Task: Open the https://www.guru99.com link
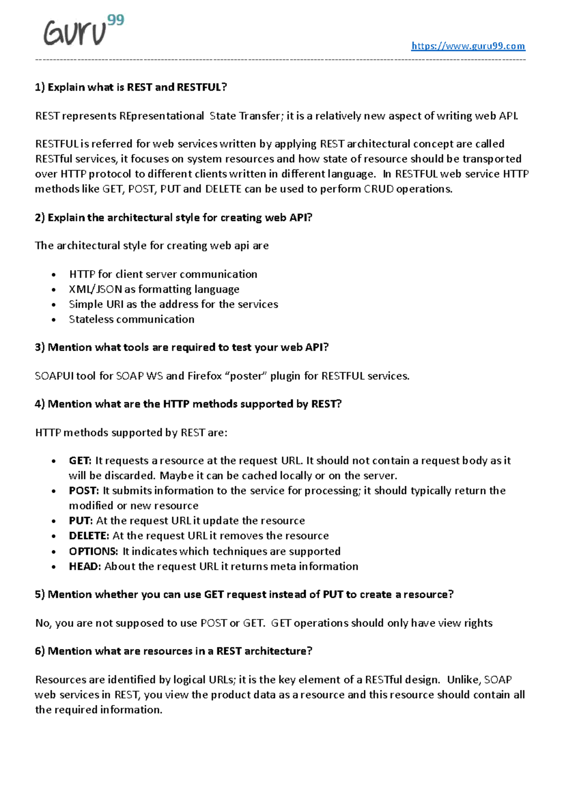pos(468,46)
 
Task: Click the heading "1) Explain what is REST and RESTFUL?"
pos(131,87)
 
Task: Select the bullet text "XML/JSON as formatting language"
pos(154,289)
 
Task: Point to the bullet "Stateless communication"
pos(132,319)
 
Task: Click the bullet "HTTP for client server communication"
pos(163,274)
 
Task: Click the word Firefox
pos(204,376)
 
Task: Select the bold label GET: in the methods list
pos(80,461)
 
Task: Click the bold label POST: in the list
pos(84,491)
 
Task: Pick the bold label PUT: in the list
pos(80,521)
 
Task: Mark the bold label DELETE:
pos(89,536)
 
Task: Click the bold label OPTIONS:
pos(93,551)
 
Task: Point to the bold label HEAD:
pos(85,566)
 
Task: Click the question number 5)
pos(39,595)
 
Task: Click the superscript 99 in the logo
pos(116,20)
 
